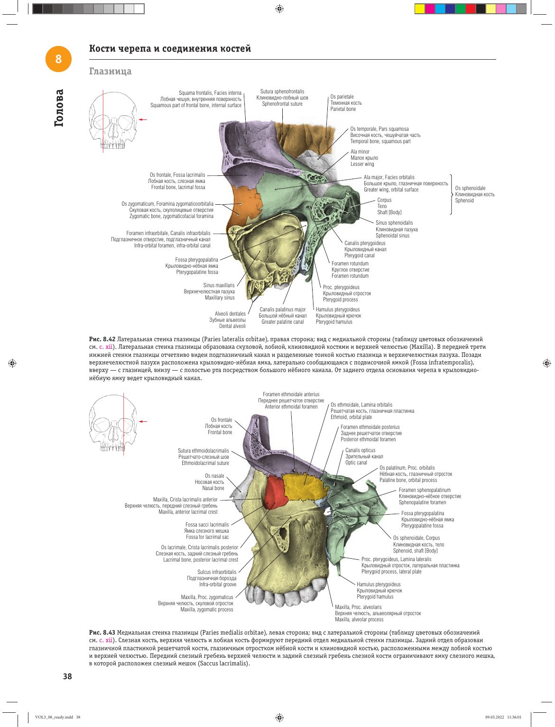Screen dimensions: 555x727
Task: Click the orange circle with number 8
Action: (58, 59)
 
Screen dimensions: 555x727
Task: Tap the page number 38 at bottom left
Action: (67, 676)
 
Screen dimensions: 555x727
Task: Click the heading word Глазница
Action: (110, 72)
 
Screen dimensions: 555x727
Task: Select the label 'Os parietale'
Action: (342, 97)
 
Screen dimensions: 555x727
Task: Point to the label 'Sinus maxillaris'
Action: (219, 285)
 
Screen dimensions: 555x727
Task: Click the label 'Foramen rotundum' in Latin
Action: (350, 264)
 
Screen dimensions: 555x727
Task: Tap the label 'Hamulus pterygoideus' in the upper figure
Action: (338, 309)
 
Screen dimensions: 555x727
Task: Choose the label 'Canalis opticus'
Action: (361, 450)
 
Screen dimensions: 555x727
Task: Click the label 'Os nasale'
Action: (214, 476)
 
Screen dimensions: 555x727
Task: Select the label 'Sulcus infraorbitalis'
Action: (217, 572)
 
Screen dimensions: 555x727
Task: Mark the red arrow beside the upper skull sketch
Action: (143, 119)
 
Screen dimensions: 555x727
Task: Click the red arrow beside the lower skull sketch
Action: (143, 422)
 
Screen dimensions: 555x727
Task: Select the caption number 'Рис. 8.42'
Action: (102, 339)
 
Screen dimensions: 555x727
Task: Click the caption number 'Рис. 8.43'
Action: (102, 633)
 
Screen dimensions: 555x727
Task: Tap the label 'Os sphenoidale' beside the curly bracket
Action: (470, 188)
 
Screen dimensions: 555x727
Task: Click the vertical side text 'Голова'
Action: (59, 108)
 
